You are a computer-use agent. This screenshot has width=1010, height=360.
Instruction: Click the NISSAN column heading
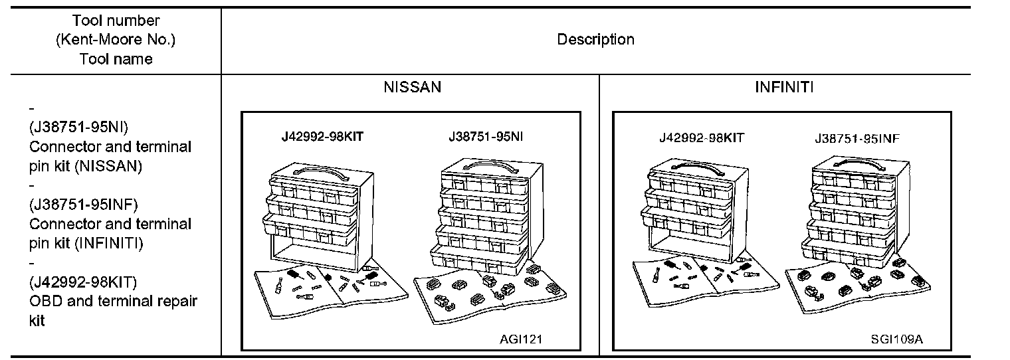pyautogui.click(x=411, y=88)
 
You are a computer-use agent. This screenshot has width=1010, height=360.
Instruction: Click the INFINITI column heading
pyautogui.click(x=783, y=88)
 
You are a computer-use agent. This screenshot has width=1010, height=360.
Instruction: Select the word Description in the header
pyautogui.click(x=595, y=40)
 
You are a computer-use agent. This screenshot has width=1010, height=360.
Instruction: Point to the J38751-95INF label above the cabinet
pyautogui.click(x=857, y=139)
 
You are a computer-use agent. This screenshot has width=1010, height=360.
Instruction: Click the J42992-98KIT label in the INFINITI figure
pyautogui.click(x=702, y=138)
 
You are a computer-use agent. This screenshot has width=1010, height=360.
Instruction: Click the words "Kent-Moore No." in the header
pyautogui.click(x=116, y=40)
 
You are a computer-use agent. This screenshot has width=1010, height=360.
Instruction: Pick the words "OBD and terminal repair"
pyautogui.click(x=113, y=302)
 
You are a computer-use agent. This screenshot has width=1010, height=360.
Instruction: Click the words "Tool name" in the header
pyautogui.click(x=116, y=59)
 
